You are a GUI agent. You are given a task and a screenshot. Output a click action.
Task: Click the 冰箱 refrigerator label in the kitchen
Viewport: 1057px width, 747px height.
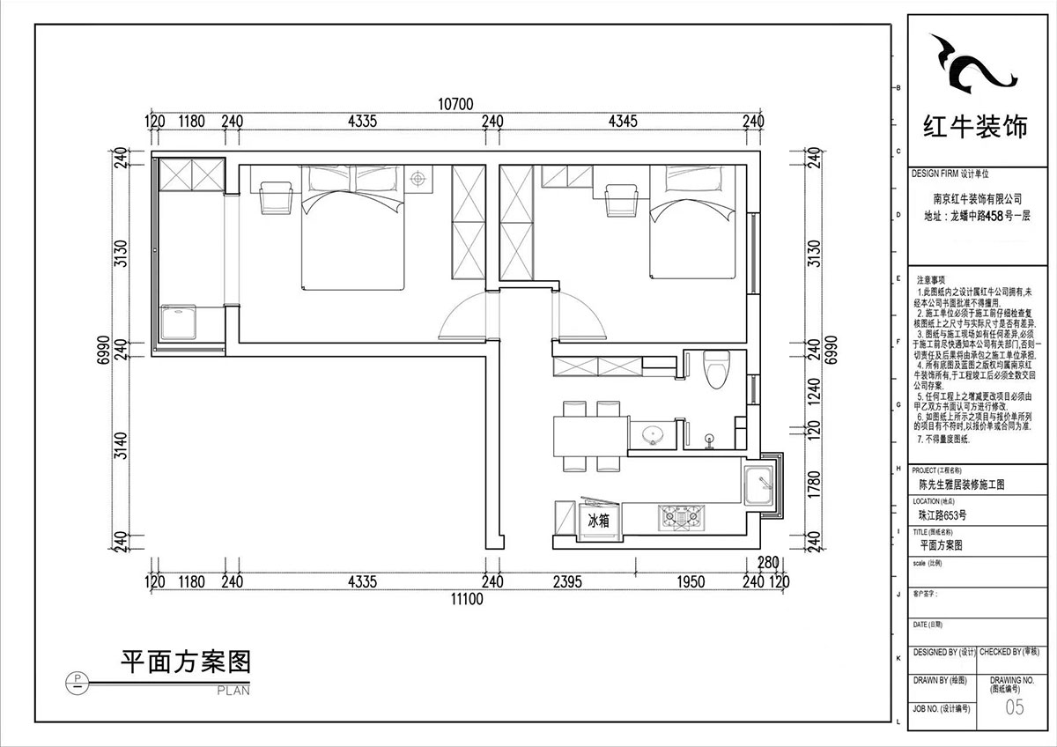click(x=599, y=521)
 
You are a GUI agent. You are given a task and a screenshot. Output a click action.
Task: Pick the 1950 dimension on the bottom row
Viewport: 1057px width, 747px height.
click(x=693, y=581)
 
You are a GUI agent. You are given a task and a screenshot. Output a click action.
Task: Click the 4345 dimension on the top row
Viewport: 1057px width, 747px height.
click(x=622, y=122)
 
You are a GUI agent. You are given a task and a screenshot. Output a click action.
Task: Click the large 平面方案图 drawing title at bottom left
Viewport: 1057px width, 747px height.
click(x=185, y=661)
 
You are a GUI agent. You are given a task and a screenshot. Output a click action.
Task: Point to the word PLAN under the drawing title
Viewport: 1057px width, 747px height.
click(x=233, y=691)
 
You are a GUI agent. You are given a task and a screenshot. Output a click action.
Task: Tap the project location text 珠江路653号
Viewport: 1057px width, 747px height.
click(x=942, y=515)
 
